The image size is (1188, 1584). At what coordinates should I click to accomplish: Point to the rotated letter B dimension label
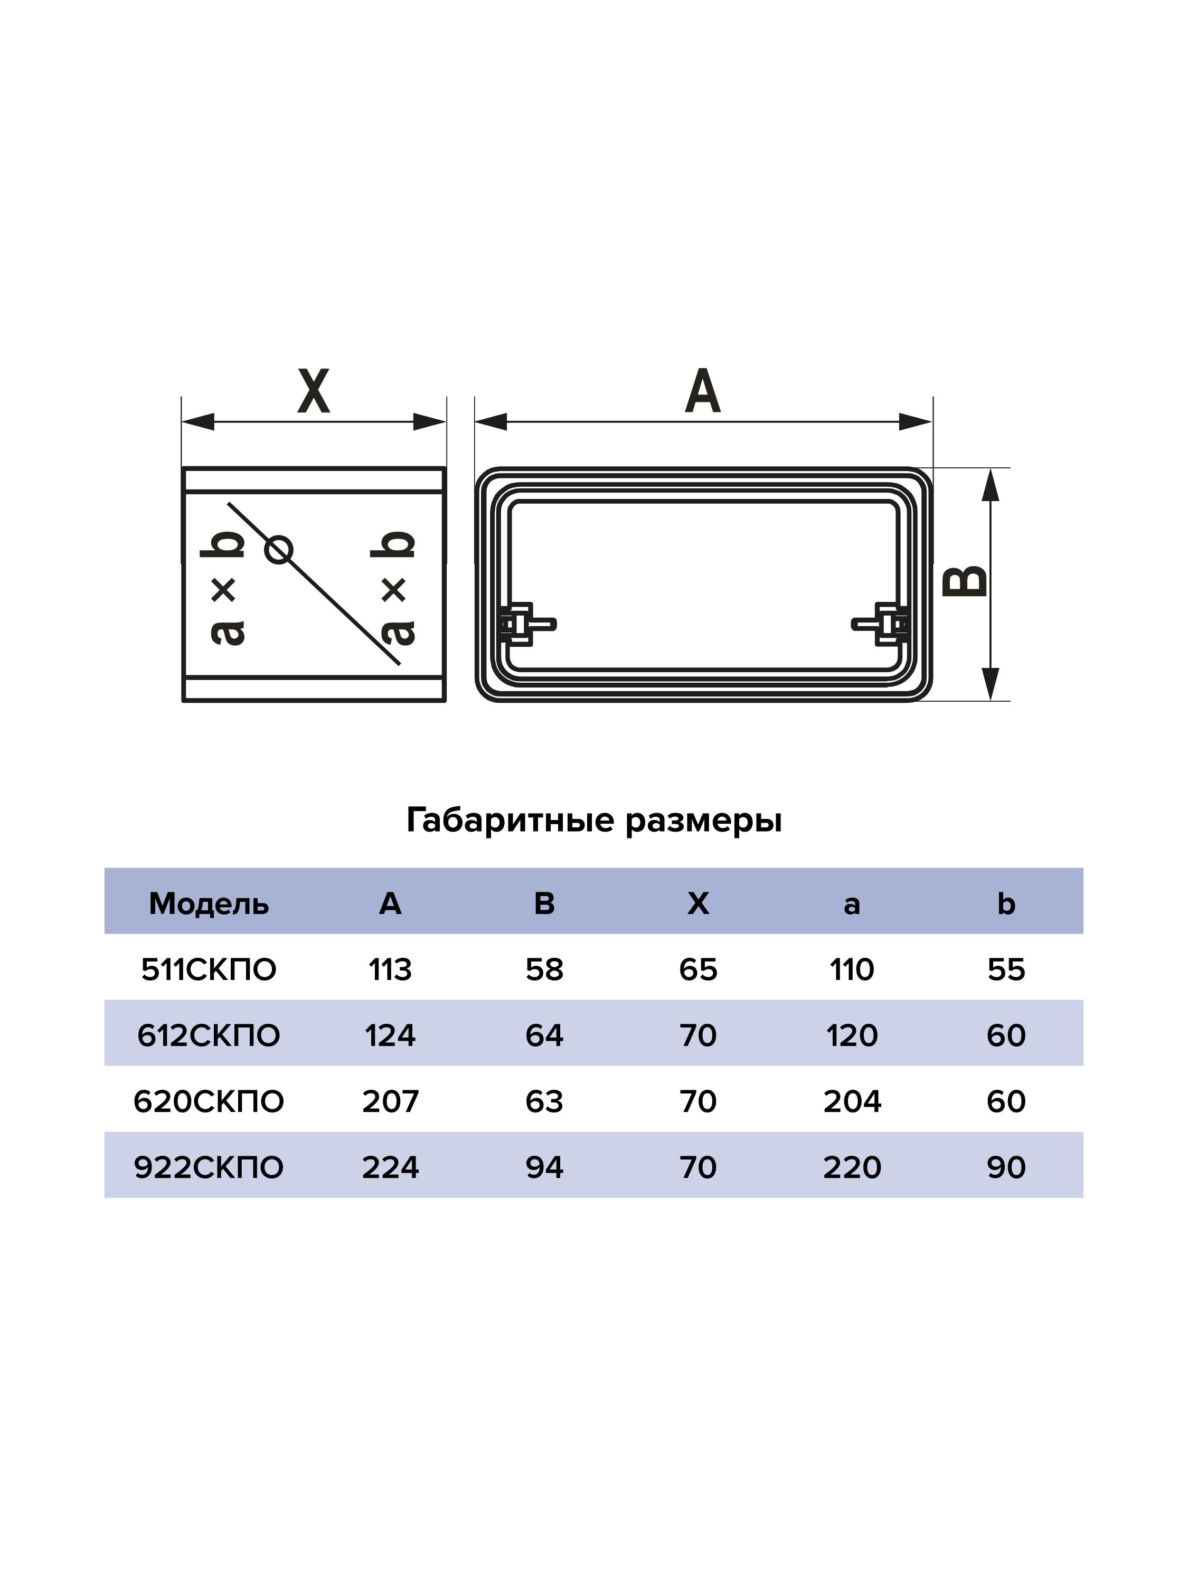(965, 581)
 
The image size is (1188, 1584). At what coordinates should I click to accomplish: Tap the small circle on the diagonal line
(279, 550)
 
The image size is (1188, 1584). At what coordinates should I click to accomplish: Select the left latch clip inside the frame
(523, 624)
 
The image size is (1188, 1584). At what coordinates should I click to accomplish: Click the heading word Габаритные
(510, 821)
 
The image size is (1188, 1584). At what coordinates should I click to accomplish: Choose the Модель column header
(209, 904)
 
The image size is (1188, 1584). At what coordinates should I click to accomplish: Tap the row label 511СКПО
(209, 969)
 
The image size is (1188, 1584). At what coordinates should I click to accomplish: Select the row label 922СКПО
(209, 1167)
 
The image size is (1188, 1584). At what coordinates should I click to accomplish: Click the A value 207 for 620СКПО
(390, 1101)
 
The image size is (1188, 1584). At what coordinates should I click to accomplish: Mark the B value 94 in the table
(544, 1167)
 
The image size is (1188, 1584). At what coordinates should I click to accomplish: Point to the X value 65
(698, 969)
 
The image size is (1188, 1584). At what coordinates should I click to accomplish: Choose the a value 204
(852, 1101)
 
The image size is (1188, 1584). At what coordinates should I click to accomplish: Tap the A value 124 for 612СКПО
(390, 1035)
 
